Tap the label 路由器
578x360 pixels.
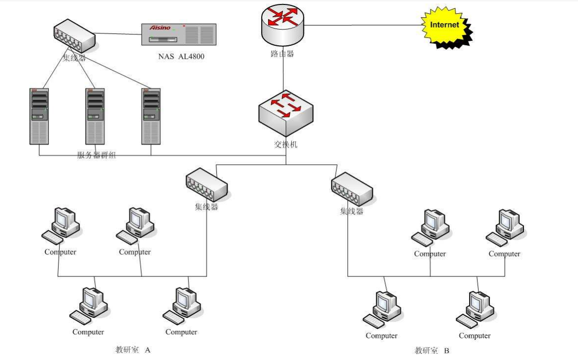[282, 54]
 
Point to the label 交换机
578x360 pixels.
[286, 145]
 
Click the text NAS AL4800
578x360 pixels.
[182, 57]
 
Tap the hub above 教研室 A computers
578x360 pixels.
[207, 184]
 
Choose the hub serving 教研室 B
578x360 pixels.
[352, 189]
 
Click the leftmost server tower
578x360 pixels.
[39, 117]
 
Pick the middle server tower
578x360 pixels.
[95, 117]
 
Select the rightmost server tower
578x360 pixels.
[152, 117]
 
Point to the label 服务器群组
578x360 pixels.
[96, 155]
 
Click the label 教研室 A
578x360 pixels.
[133, 350]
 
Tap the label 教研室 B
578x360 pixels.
[432, 351]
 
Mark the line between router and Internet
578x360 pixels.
[364, 25]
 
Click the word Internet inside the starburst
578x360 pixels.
[444, 25]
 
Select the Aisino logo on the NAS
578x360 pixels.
[160, 28]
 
